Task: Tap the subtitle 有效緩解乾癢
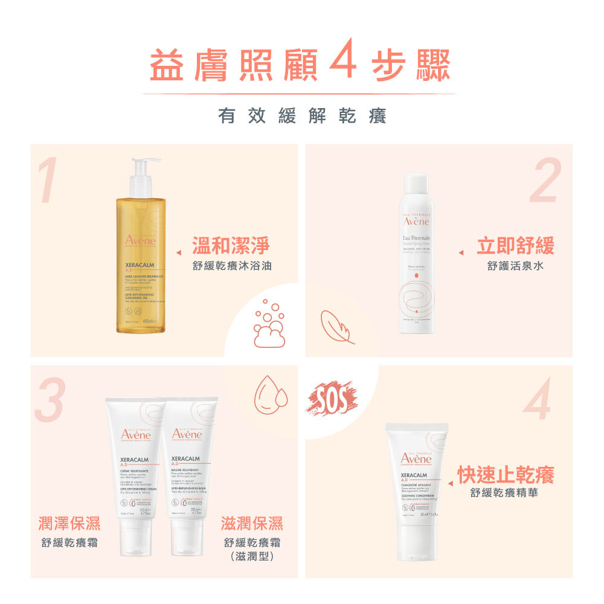point(302,116)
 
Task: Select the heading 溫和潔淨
point(231,246)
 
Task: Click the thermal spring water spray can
point(416,254)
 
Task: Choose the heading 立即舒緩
point(515,246)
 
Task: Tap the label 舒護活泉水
point(515,266)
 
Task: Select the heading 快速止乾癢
point(506,475)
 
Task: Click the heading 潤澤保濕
point(69,524)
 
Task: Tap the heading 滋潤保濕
point(252,524)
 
